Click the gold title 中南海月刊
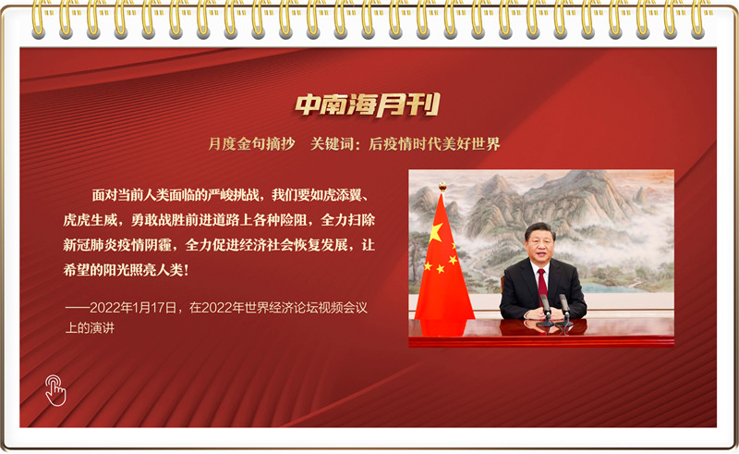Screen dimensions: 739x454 tap(367, 104)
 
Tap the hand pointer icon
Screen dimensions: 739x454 tap(55, 390)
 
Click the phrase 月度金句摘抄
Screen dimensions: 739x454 tap(251, 143)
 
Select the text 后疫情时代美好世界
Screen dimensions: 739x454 tap(434, 143)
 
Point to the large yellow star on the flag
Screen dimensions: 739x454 tap(435, 232)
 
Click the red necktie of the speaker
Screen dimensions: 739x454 tap(541, 282)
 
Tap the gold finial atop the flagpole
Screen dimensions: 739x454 tap(442, 187)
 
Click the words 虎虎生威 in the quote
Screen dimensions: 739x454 tap(91, 220)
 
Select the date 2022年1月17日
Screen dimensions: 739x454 tap(133, 308)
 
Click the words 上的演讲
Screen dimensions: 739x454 tap(90, 328)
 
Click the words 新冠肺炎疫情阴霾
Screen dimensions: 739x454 tap(117, 245)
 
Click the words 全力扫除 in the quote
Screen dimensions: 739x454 tap(348, 220)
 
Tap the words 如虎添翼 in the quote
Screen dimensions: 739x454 tap(335, 195)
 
